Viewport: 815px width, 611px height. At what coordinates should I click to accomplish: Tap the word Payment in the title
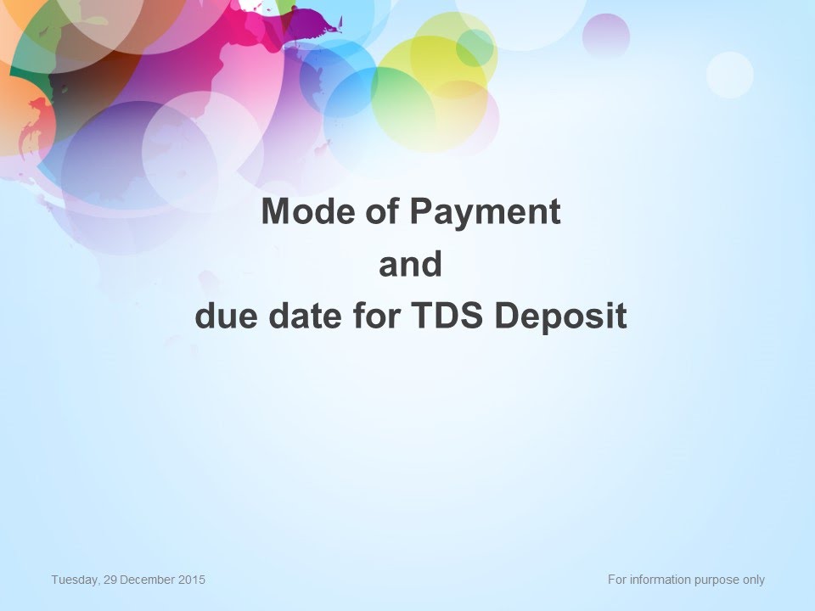486,212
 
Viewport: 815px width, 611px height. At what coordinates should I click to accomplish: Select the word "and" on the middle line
411,263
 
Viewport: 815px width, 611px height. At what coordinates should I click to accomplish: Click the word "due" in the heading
226,315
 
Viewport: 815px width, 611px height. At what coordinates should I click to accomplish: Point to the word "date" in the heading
305,315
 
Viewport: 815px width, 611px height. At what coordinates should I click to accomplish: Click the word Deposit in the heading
561,316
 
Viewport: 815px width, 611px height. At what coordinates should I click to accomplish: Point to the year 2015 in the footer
192,580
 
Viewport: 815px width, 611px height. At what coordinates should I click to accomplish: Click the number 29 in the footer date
110,580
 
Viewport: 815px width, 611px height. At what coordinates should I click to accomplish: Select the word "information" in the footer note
655,580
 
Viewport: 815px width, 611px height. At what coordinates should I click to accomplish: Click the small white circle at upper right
730,75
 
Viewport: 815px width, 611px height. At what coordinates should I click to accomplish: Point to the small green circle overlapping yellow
475,48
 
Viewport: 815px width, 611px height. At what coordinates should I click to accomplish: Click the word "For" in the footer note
617,580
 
